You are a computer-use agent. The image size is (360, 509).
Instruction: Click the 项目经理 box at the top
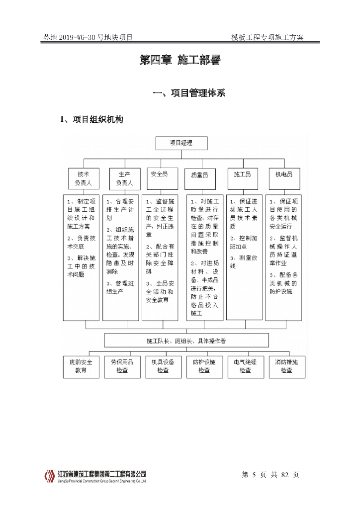[181, 143]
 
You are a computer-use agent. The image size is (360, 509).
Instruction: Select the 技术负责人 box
[83, 178]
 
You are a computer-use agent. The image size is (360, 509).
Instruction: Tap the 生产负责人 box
[124, 178]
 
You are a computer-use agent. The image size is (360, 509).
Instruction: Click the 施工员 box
[243, 178]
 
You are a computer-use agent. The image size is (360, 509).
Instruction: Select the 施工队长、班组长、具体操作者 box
[186, 340]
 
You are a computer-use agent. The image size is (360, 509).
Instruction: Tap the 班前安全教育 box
[81, 366]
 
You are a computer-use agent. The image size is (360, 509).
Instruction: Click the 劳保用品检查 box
[122, 366]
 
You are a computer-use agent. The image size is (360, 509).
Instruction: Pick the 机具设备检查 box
[163, 366]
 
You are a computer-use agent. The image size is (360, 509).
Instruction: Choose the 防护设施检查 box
[204, 366]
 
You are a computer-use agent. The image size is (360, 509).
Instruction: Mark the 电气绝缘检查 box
[245, 366]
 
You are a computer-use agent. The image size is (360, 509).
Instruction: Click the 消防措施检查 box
[286, 366]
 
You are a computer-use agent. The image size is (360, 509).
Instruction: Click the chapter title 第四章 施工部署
[180, 61]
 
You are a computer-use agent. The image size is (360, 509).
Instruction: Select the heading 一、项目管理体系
[189, 93]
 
